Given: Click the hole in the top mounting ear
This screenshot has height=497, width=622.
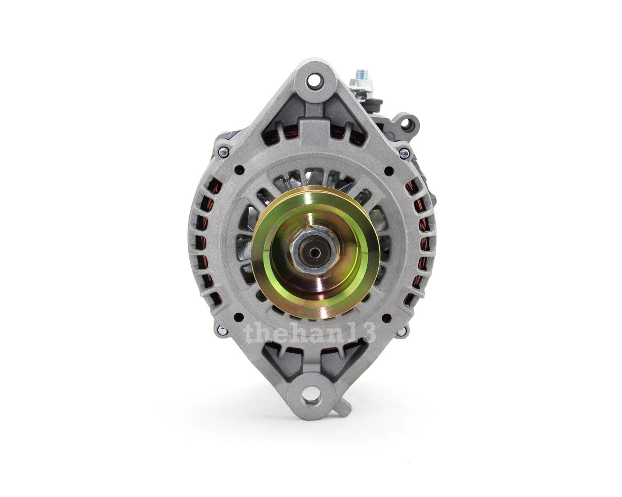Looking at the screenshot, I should tap(313, 81).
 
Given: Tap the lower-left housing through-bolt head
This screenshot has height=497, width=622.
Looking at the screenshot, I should tap(222, 331).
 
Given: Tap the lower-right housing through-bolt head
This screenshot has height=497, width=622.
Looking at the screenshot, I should tap(402, 332).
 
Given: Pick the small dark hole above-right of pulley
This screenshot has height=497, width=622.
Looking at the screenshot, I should tap(387, 170).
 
